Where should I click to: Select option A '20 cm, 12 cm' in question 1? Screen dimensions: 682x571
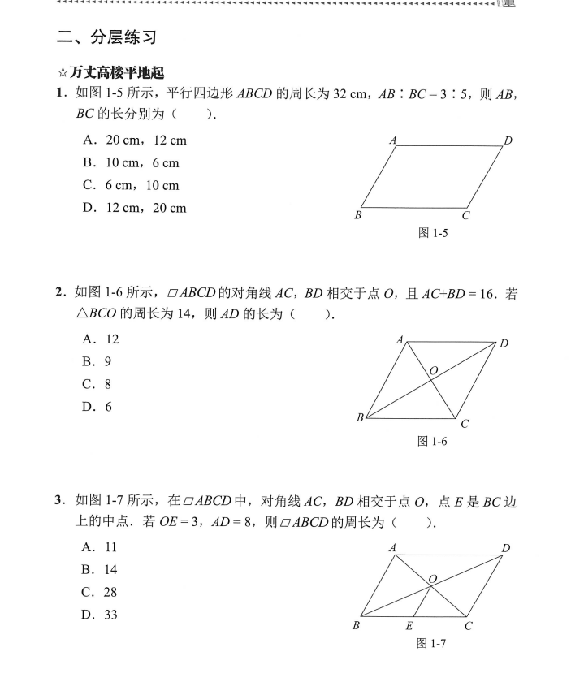pyautogui.click(x=135, y=140)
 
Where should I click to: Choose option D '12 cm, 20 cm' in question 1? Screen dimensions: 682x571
pyautogui.click(x=135, y=209)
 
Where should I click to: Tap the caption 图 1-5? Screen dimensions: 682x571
pyautogui.click(x=433, y=233)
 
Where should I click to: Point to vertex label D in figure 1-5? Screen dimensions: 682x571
pyautogui.click(x=508, y=140)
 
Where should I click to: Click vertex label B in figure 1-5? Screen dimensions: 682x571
pyautogui.click(x=357, y=215)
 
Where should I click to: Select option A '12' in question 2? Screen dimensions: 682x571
pyautogui.click(x=101, y=339)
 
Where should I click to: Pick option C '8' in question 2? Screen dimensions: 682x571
pyautogui.click(x=97, y=385)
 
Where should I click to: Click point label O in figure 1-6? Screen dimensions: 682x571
pyautogui.click(x=434, y=371)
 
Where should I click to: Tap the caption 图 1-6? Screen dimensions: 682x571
pyautogui.click(x=432, y=441)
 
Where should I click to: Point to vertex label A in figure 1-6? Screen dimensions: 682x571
pyautogui.click(x=400, y=340)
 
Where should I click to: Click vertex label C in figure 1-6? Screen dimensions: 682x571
pyautogui.click(x=465, y=423)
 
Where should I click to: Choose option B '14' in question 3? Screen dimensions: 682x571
pyautogui.click(x=101, y=570)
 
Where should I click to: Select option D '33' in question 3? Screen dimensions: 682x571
pyautogui.click(x=101, y=615)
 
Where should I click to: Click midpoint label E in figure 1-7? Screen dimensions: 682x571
pyautogui.click(x=409, y=626)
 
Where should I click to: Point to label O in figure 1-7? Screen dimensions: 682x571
pyautogui.click(x=433, y=579)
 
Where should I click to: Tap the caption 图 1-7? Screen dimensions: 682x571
pyautogui.click(x=432, y=644)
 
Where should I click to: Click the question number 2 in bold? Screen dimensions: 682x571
pyautogui.click(x=59, y=291)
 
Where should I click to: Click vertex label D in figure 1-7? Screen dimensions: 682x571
pyautogui.click(x=506, y=549)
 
